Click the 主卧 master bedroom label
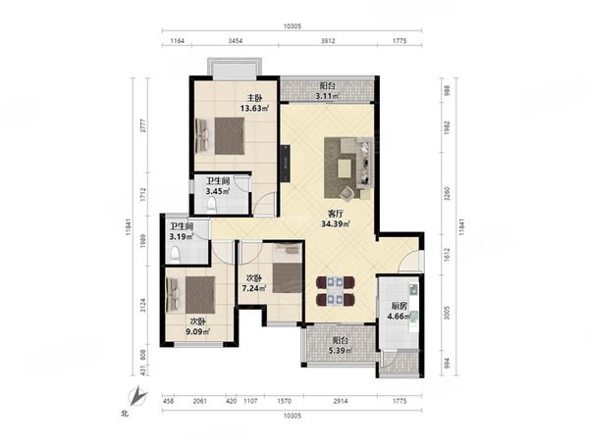[x=254, y=98]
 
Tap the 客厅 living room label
[x=336, y=214]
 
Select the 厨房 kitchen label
[x=399, y=306]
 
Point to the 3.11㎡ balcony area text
[x=328, y=96]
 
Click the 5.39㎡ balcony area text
[x=340, y=351]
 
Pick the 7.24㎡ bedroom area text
[x=254, y=288]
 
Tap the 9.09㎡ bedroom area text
[x=198, y=331]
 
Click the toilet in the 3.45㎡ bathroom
[x=211, y=206]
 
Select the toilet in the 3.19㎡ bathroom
[x=175, y=255]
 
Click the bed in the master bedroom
[x=220, y=136]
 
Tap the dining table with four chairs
[x=336, y=291]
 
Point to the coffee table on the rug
[x=345, y=168]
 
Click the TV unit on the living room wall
[x=285, y=163]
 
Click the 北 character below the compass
[x=125, y=414]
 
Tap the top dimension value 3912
[x=328, y=41]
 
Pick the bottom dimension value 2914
[x=341, y=401]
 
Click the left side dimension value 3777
[x=143, y=125]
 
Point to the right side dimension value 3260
[x=447, y=193]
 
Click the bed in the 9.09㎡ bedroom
[x=190, y=295]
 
